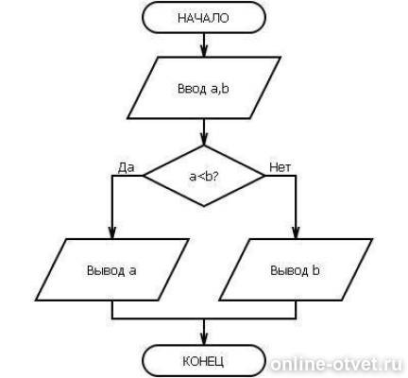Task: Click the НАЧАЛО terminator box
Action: point(204,18)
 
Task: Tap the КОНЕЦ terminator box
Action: point(204,361)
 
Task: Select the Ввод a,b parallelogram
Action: point(204,88)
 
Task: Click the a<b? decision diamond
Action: point(204,176)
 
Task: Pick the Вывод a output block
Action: point(112,270)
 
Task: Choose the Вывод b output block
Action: point(296,270)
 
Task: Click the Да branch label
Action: point(126,167)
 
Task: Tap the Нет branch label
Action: point(280,167)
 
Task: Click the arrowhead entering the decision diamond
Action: point(204,140)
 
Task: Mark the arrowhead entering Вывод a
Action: point(112,233)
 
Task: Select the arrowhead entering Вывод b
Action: point(296,233)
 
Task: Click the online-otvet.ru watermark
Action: point(336,365)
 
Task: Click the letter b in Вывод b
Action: point(315,270)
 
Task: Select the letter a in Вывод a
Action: point(132,271)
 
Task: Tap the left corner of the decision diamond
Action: point(144,176)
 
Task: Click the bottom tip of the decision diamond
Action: point(204,206)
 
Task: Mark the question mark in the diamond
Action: point(215,177)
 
